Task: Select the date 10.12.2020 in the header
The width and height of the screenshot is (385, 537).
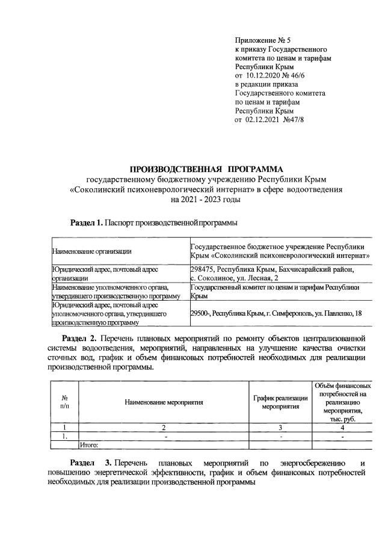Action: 266,76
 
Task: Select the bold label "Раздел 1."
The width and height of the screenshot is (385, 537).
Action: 87,223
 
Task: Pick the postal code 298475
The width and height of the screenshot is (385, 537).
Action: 203,269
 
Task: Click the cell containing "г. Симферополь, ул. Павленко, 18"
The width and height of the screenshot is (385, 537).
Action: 278,313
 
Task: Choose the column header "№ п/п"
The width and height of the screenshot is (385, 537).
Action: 64,402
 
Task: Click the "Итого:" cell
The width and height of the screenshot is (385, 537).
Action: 90,446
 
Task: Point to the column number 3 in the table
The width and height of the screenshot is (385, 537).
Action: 281,427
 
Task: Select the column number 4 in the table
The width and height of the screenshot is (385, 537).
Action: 341,427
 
